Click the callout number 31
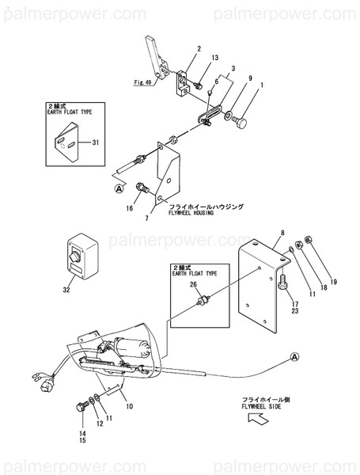point(96,142)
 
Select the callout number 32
point(66,291)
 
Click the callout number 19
point(333,281)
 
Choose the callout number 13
point(214,57)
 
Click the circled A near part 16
point(119,188)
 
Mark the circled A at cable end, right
point(294,357)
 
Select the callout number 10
point(129,407)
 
